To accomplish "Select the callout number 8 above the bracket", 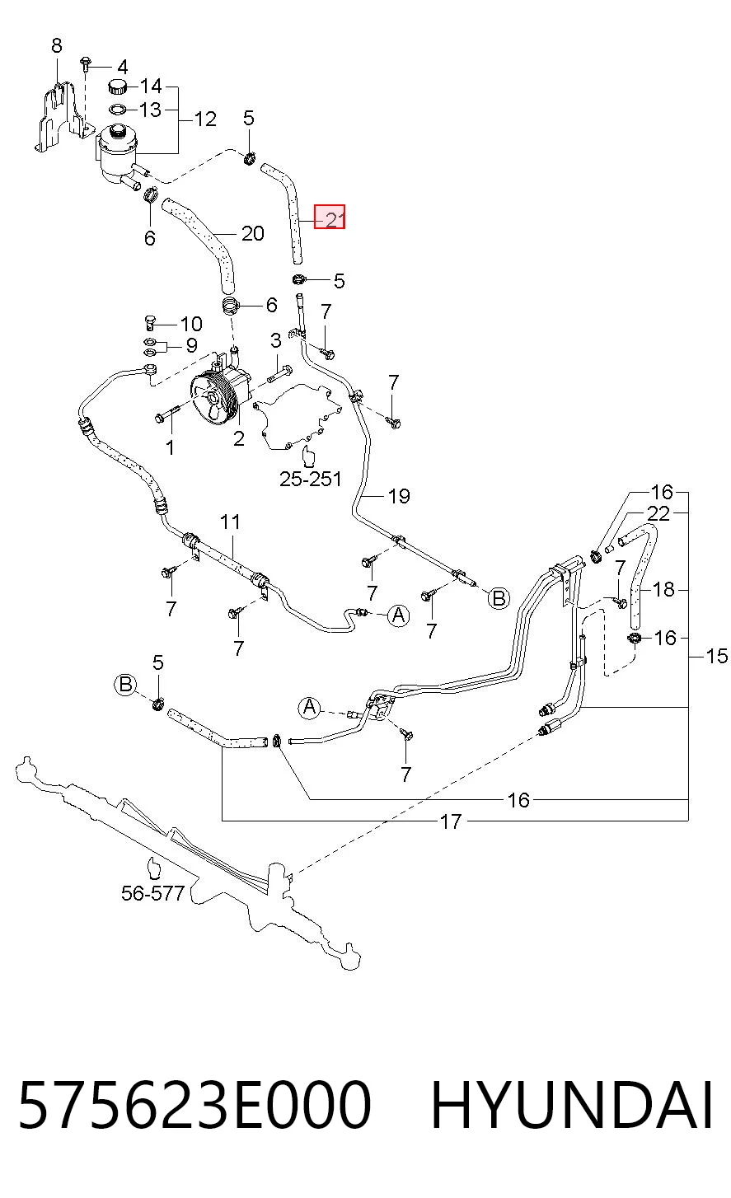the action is coord(57,45).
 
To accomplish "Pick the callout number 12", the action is coord(205,119).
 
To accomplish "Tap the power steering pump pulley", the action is coord(212,399).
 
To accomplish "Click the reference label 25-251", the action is coord(311,479).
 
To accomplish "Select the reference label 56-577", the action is coord(152,893).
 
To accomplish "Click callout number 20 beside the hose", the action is coord(252,233).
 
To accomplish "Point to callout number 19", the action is coord(399,496).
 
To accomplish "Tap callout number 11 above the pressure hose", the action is coord(230,522).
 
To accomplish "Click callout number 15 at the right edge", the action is coord(717,656).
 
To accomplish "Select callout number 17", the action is coord(450,821).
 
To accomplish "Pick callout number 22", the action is coord(658,513).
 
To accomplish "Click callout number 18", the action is coord(663,589).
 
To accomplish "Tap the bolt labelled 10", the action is coord(150,322).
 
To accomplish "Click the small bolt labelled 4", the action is coord(85,63).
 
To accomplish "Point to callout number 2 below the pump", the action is coord(239,438).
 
